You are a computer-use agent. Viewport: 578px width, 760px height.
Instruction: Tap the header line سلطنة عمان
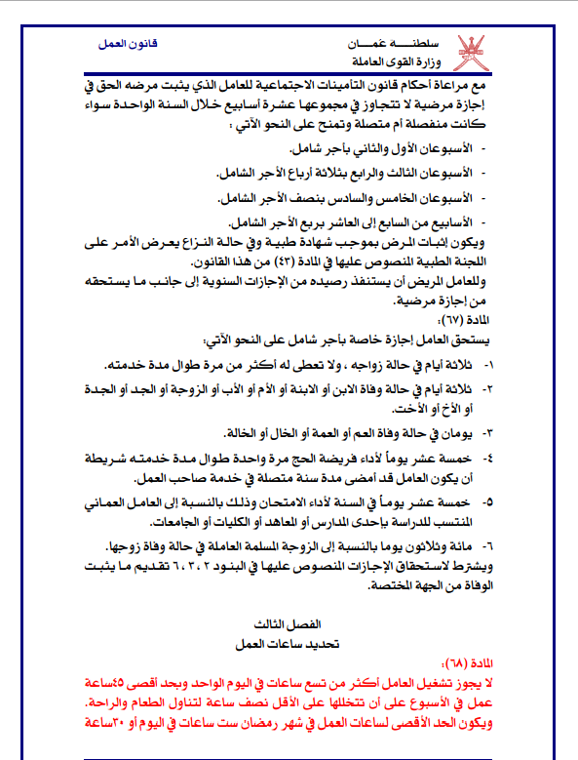click(390, 45)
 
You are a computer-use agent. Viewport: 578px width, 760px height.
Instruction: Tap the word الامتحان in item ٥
click(340, 500)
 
